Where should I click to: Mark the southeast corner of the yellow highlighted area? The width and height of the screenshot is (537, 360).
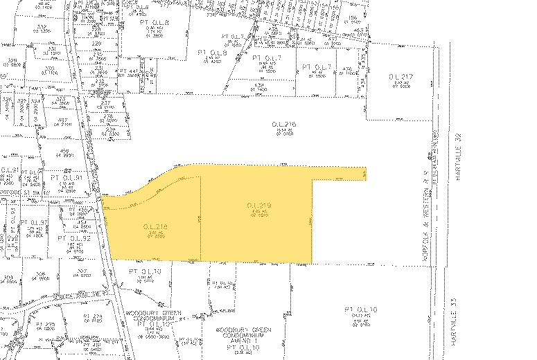(311, 263)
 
